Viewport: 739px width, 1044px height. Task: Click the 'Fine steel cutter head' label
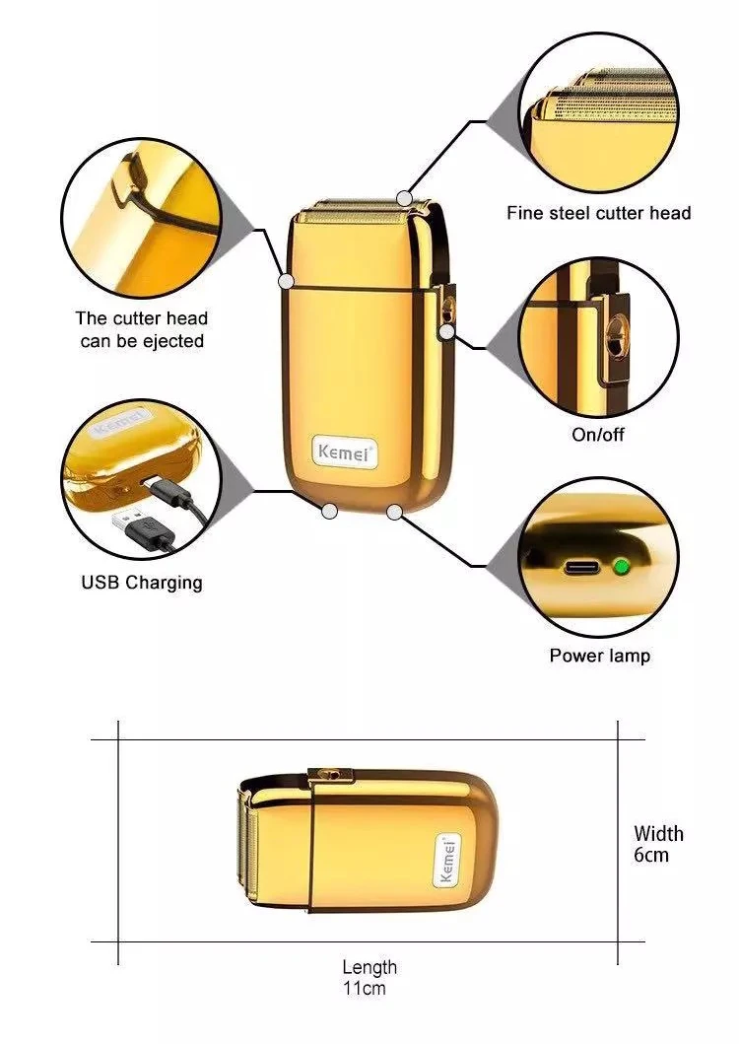[x=598, y=213]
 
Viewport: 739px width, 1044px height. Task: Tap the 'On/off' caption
[x=598, y=435]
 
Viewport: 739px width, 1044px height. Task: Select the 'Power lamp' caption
[x=599, y=656]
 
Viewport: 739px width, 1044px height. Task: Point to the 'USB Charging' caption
[x=141, y=583]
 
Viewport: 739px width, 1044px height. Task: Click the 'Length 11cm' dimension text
[x=369, y=977]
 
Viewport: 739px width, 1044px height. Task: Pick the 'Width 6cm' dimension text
[x=657, y=844]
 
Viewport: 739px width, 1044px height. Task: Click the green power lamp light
[x=621, y=567]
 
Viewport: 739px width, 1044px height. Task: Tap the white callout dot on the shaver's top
[x=404, y=198]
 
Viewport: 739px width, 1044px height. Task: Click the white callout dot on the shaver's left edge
[x=287, y=281]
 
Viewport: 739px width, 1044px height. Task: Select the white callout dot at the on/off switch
[x=447, y=332]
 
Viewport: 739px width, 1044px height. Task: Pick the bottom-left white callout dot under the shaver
[x=329, y=511]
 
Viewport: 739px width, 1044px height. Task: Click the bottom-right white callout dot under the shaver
[x=395, y=511]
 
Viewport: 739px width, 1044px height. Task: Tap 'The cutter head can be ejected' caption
[x=141, y=329]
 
